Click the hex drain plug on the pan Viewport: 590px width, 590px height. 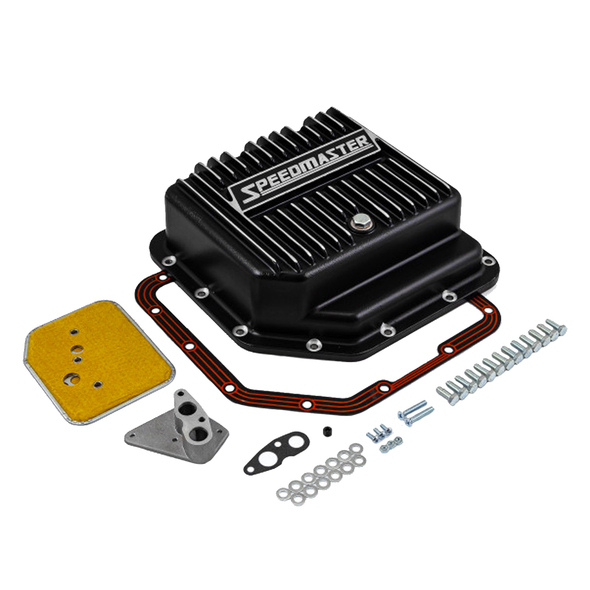[x=359, y=223]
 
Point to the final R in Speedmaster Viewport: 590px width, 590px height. [x=362, y=142]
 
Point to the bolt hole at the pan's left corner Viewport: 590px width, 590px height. [x=170, y=260]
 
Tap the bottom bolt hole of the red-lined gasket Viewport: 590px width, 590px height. [x=306, y=404]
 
